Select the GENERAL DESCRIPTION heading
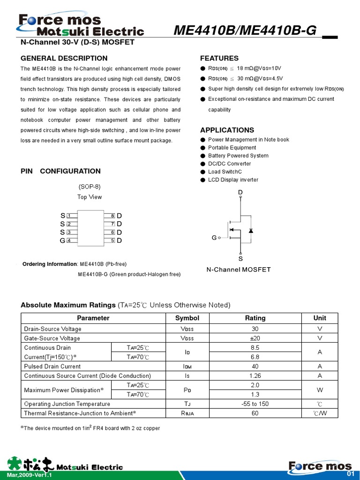click(64, 58)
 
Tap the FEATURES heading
click(219, 58)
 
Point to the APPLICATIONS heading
click(227, 130)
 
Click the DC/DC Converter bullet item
click(229, 164)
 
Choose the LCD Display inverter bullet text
click(233, 180)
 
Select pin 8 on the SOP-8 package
click(112, 216)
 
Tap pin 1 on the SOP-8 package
click(69, 216)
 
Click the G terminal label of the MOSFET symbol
click(214, 238)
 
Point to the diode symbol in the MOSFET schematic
click(251, 231)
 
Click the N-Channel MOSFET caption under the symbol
click(239, 270)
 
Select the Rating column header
click(255, 318)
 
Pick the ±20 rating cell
click(255, 338)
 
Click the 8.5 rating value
click(255, 347)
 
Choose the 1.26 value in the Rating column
click(255, 375)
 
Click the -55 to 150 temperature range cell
click(255, 404)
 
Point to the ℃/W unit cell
click(320, 413)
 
